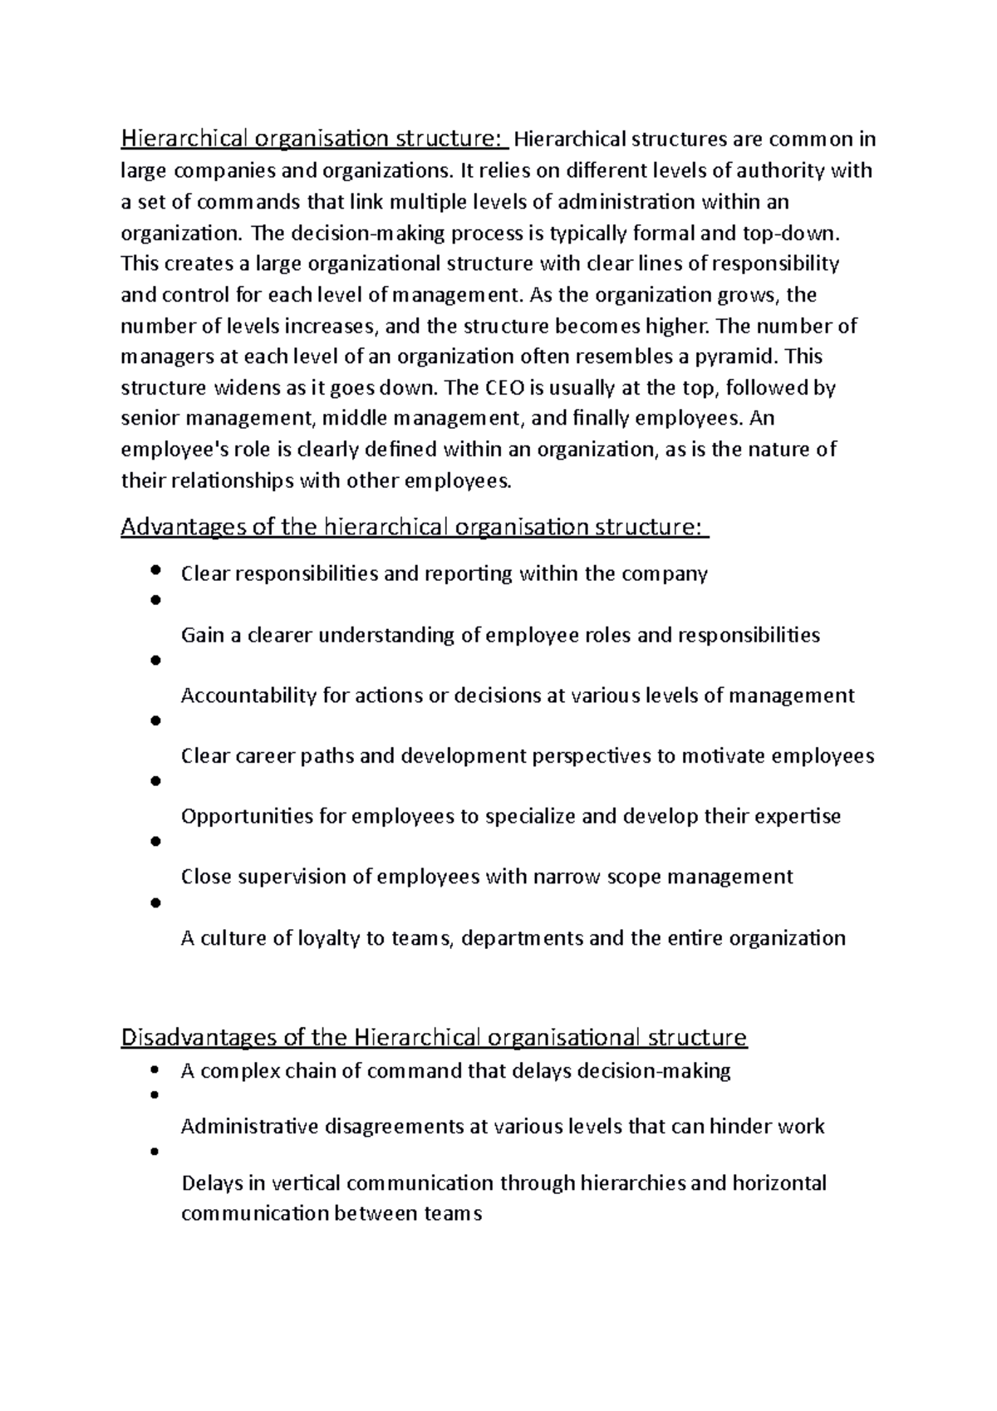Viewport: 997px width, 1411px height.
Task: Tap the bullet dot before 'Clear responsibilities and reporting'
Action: pos(155,571)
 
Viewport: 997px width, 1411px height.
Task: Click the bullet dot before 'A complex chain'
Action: pos(154,1069)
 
